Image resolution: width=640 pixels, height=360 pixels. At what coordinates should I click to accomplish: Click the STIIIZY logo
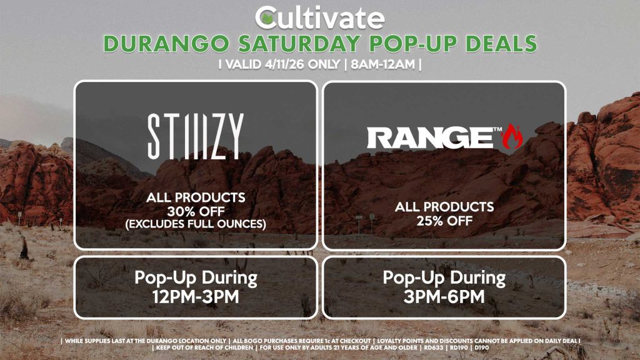click(195, 136)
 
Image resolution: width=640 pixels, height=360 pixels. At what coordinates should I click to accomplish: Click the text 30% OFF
click(196, 211)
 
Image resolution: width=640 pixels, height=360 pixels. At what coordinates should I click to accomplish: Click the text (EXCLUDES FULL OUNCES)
click(196, 223)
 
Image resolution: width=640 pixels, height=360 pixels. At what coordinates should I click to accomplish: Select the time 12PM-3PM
click(196, 296)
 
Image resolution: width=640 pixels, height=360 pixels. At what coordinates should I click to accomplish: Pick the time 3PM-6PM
click(444, 296)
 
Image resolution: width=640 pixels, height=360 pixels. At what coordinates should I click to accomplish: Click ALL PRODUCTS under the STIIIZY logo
click(196, 197)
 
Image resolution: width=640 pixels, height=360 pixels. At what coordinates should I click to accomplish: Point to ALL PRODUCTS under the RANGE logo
click(444, 207)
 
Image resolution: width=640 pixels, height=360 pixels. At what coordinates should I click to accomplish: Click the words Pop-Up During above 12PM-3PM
click(196, 277)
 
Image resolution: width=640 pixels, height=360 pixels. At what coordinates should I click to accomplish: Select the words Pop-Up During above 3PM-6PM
click(444, 277)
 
